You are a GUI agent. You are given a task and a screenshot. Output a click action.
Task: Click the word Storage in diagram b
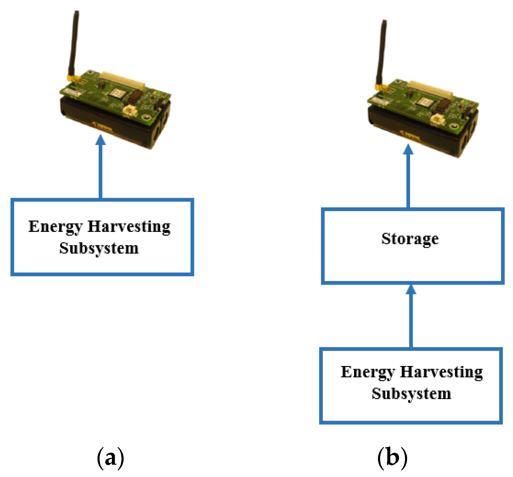410,239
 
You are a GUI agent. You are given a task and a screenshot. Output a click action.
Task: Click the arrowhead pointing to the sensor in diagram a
100,140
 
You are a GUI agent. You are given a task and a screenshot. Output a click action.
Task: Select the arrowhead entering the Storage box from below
411,290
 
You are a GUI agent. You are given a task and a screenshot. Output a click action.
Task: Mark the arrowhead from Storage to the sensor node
408,149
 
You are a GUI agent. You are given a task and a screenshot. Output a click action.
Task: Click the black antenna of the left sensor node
73,42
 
